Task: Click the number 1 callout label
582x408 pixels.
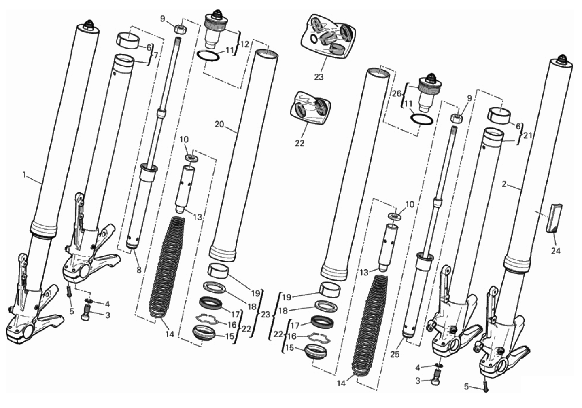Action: [24, 175]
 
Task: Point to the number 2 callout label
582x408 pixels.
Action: [504, 184]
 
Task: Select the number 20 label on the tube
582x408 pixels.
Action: [219, 125]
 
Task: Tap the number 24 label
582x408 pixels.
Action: [556, 251]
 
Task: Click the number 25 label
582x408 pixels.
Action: [395, 354]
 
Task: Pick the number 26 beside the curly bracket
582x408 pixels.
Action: [397, 94]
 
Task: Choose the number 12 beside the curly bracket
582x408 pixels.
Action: [245, 44]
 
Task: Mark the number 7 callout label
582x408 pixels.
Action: [156, 55]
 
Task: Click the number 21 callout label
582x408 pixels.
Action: [528, 135]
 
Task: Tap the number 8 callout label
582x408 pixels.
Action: [139, 270]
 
